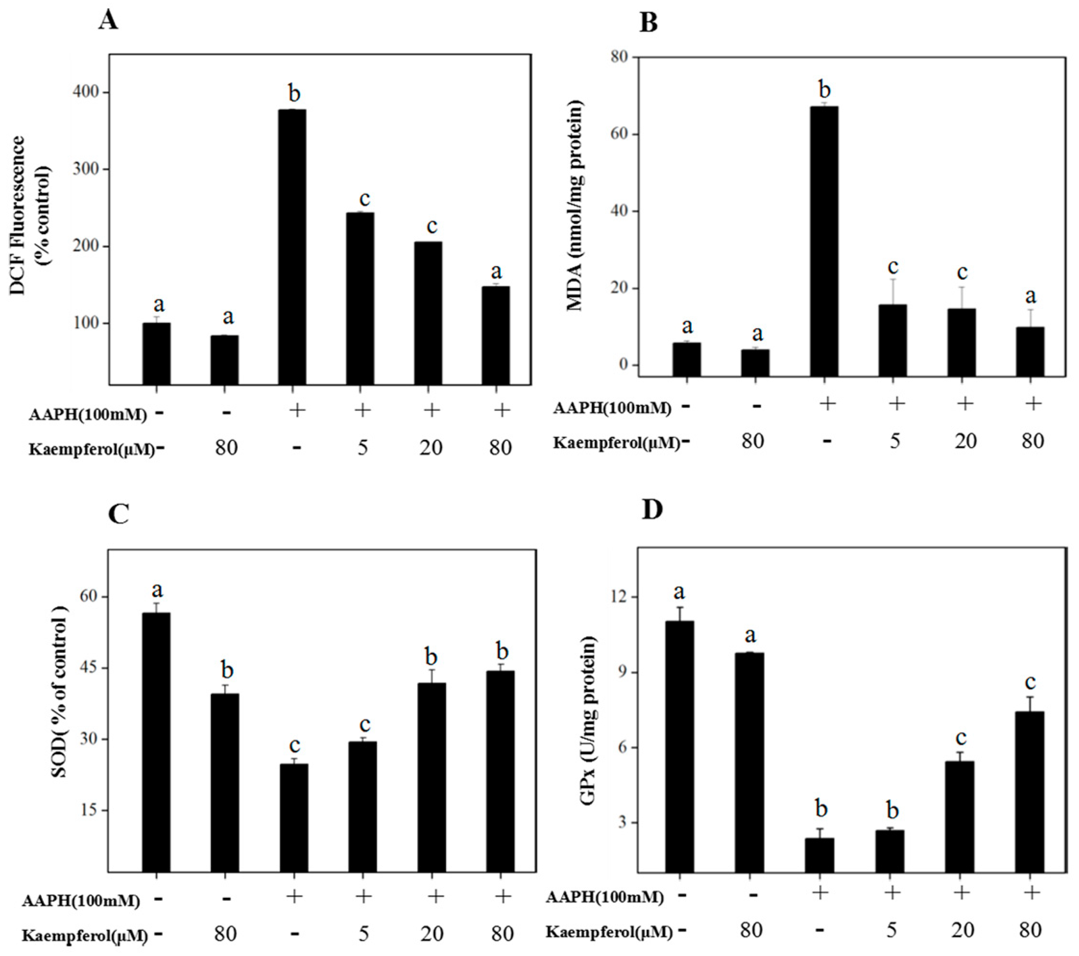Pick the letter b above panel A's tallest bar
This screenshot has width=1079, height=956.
293,93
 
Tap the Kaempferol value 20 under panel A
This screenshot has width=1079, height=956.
431,448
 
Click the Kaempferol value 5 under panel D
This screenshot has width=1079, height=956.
891,929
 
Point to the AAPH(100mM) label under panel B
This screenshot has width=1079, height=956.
612,408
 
